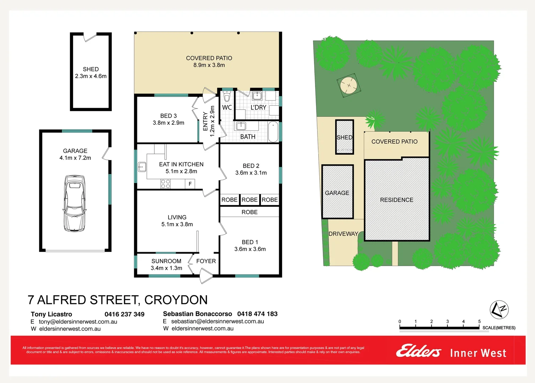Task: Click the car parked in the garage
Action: click(x=75, y=203)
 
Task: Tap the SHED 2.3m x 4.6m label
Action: click(x=91, y=73)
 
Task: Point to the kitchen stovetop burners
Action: click(x=166, y=184)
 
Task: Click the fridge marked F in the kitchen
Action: click(x=190, y=184)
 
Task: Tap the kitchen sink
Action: click(x=142, y=166)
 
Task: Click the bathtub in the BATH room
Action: click(x=273, y=132)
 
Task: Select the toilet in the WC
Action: click(x=227, y=96)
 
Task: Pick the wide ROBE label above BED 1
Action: click(x=249, y=212)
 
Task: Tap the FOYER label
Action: click(x=206, y=261)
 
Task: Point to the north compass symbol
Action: click(x=499, y=310)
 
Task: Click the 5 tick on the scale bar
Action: click(x=479, y=322)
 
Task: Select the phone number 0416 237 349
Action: click(x=125, y=314)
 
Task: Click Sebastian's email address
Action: click(x=217, y=321)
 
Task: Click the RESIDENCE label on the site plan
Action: click(x=397, y=200)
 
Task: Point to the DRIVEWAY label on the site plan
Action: click(x=343, y=234)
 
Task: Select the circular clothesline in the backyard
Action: click(x=349, y=85)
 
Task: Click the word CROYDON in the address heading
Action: click(x=176, y=300)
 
